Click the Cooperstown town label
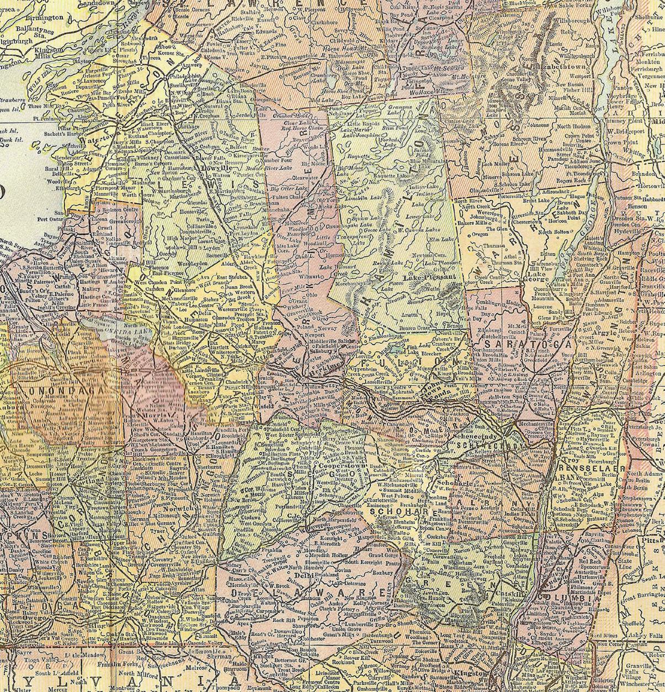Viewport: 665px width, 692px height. coord(337,466)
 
